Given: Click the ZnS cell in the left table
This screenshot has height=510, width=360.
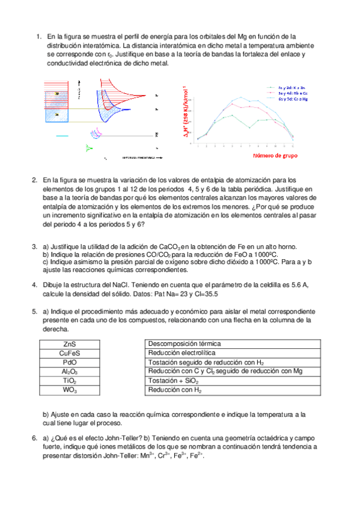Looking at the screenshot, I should (69, 343).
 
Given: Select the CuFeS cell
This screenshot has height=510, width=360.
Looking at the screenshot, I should (69, 353).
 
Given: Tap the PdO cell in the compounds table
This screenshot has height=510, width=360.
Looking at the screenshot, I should (69, 363).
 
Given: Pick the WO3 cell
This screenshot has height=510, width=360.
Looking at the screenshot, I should (69, 391).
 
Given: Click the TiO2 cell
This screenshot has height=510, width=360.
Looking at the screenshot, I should (69, 381).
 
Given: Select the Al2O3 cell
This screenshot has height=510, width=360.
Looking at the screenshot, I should (69, 372).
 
